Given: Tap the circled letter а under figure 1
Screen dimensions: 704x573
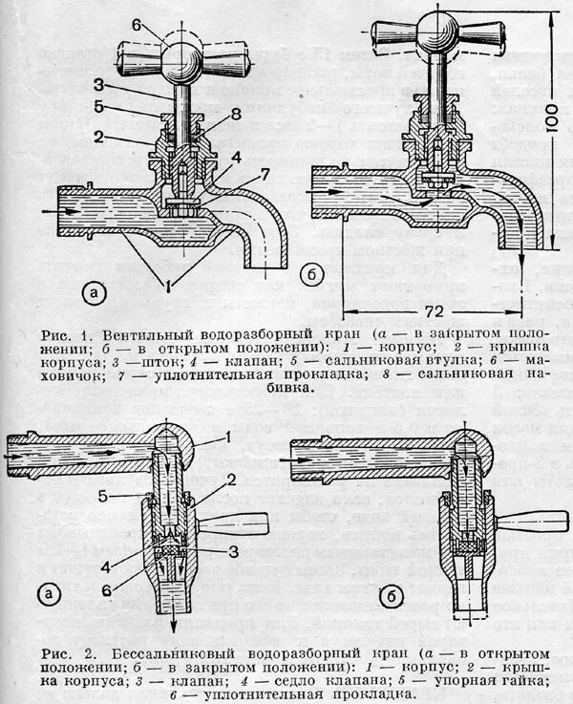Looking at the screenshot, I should tap(94, 291).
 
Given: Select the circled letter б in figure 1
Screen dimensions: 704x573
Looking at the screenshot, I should tap(310, 276).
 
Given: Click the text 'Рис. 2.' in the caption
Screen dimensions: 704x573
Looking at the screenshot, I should tap(66, 652).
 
